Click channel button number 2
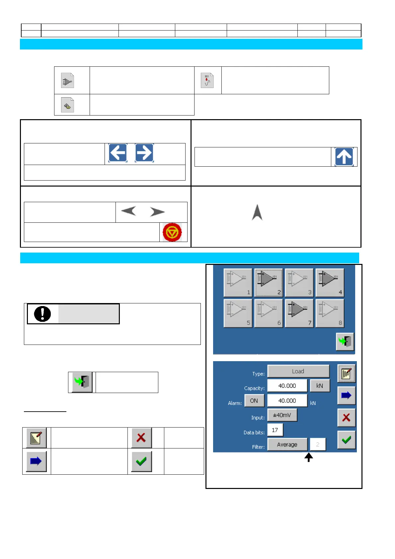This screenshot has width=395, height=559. pyautogui.click(x=269, y=282)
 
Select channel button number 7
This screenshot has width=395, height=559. pyautogui.click(x=299, y=313)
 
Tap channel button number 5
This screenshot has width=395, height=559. pyautogui.click(x=238, y=313)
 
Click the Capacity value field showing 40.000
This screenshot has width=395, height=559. pyautogui.click(x=287, y=386)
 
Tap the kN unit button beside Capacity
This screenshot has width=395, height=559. pyautogui.click(x=320, y=386)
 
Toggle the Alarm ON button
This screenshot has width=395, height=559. pyautogui.click(x=254, y=401)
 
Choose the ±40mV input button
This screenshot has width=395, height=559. pyautogui.click(x=282, y=415)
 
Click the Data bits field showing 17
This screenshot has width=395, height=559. pyautogui.click(x=275, y=430)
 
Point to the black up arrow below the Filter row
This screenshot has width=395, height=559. pyautogui.click(x=309, y=457)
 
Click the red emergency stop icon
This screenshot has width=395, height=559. pyautogui.click(x=172, y=232)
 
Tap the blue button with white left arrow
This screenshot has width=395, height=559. pyautogui.click(x=118, y=153)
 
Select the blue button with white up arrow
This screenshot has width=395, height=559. pyautogui.click(x=344, y=156)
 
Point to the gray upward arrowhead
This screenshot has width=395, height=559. pyautogui.click(x=257, y=212)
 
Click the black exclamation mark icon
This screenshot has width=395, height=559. pyautogui.click(x=42, y=314)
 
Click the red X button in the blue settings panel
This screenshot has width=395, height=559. pyautogui.click(x=346, y=417)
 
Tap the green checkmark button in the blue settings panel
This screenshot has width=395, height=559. pyautogui.click(x=346, y=440)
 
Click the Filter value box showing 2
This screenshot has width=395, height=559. pyautogui.click(x=318, y=444)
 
